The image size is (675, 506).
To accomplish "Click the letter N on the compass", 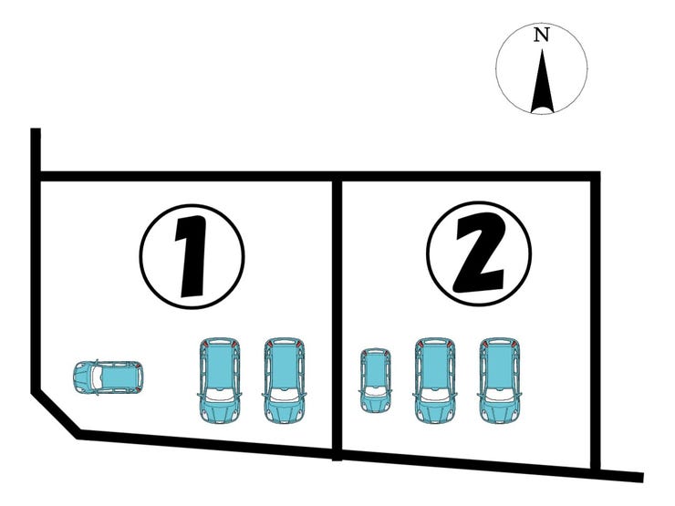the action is [541, 35].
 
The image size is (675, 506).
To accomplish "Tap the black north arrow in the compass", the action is [542, 84].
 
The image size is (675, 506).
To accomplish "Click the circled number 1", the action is [192, 256].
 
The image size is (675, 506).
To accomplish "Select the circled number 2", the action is [479, 253].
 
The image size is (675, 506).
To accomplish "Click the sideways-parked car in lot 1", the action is [108, 377].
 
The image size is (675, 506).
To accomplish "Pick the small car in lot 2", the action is [376, 380].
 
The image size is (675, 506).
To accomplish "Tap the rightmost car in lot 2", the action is [499, 380].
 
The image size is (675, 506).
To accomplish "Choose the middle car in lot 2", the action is [435, 380].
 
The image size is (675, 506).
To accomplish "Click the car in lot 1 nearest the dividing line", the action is [284, 380].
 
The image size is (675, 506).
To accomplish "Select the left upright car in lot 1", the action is [220, 380].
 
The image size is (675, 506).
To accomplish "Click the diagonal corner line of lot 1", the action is [55, 414].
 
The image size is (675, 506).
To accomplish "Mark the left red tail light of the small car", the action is [364, 353].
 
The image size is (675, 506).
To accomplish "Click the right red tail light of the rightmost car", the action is [514, 344].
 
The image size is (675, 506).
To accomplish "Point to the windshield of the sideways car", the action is [97, 377].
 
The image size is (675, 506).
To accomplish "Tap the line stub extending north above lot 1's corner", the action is [36, 150].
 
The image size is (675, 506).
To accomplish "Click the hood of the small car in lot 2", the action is [376, 402].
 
